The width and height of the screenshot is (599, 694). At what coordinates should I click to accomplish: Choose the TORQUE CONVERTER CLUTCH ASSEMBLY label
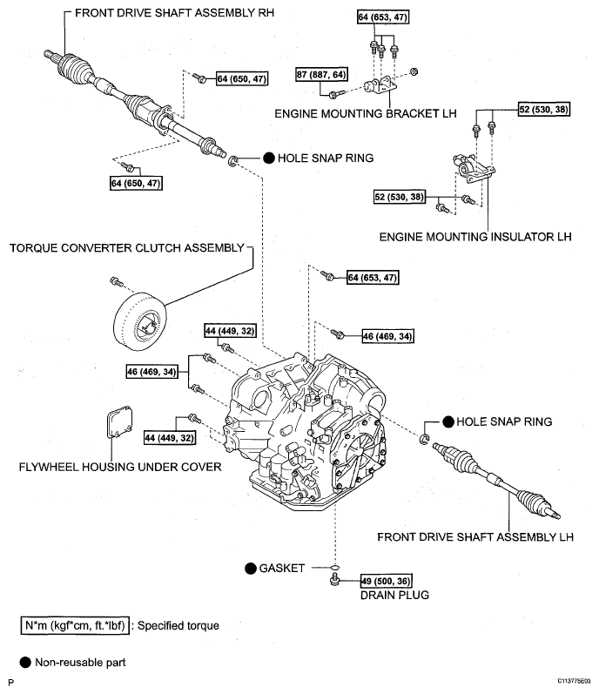click(127, 247)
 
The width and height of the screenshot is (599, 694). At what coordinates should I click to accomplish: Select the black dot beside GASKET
click(250, 568)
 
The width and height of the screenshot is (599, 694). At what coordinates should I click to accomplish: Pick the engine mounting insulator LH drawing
click(468, 168)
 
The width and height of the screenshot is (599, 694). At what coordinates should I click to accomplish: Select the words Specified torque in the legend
click(178, 625)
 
